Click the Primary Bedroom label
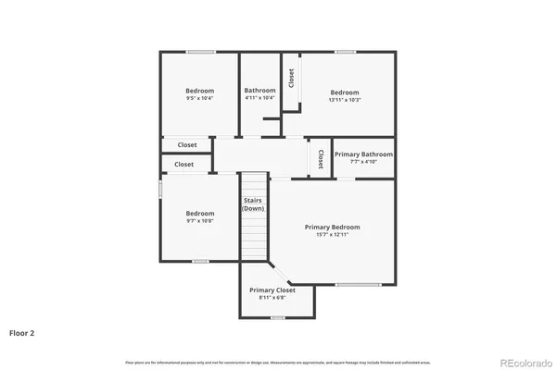pyautogui.click(x=333, y=227)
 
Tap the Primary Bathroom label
pyautogui.click(x=363, y=154)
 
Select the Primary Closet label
pyautogui.click(x=272, y=290)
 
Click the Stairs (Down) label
pyautogui.click(x=254, y=204)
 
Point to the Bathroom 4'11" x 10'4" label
pyautogui.click(x=260, y=93)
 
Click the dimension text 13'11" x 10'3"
pyautogui.click(x=345, y=100)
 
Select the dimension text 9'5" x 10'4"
pyautogui.click(x=199, y=98)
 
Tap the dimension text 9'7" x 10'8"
pyautogui.click(x=199, y=221)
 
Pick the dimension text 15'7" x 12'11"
pyautogui.click(x=333, y=235)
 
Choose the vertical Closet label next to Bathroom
pyautogui.click(x=291, y=78)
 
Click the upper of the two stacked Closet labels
pyautogui.click(x=187, y=145)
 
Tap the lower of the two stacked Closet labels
pyautogui.click(x=184, y=165)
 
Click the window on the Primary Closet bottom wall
pyautogui.click(x=277, y=317)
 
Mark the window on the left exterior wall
pyautogui.click(x=160, y=188)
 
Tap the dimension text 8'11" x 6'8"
pyautogui.click(x=272, y=298)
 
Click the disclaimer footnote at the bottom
pyautogui.click(x=277, y=362)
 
